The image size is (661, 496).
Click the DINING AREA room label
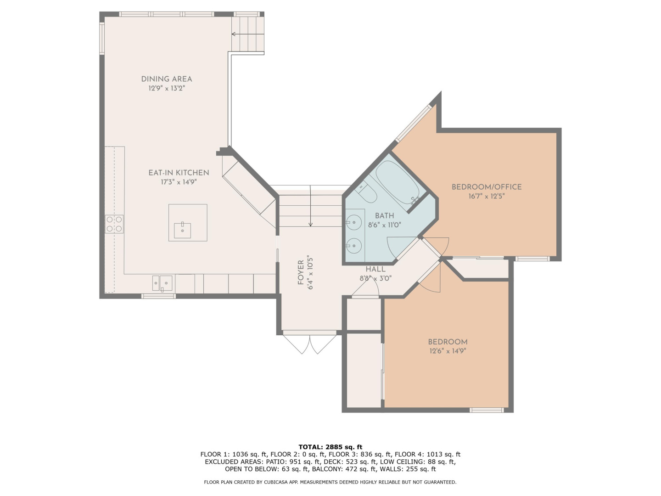coord(167,79)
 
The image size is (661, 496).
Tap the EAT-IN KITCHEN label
coord(179,173)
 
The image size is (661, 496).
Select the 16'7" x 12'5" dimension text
coord(486,196)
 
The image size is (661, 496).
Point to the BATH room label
coord(384,216)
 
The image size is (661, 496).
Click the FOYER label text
coord(301,272)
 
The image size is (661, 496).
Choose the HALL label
coord(375,269)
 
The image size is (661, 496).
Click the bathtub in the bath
coord(398,183)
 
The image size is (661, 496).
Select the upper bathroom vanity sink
coord(353,222)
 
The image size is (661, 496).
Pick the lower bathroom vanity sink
coord(353,246)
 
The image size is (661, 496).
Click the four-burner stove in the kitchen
coord(114,224)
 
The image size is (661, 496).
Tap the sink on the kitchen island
coord(183,231)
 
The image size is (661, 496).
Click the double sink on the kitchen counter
coord(162,283)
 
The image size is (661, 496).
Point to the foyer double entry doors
coord(309,344)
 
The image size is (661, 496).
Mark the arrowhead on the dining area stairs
coord(233,34)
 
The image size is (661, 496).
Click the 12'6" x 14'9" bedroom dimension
coord(448,351)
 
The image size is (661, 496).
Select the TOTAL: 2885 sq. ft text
coord(330,447)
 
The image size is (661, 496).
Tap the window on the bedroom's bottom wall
coord(487,410)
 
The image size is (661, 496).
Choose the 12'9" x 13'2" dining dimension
coord(167,88)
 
